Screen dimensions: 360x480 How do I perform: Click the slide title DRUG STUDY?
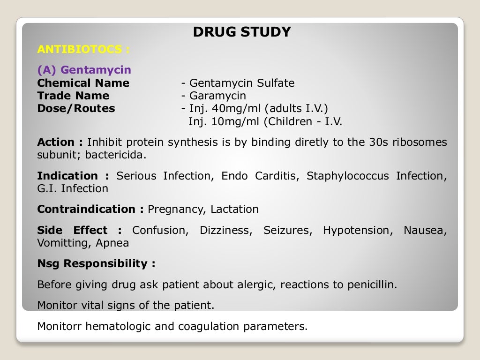(242, 32)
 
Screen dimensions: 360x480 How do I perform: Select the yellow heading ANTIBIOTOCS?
(83, 49)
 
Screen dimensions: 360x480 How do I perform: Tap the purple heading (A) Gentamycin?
(84, 70)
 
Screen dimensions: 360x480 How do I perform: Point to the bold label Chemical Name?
(83, 83)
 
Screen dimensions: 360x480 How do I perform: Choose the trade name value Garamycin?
(217, 96)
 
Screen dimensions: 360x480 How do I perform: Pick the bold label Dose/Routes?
(76, 109)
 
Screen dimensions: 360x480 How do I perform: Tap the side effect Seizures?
(287, 231)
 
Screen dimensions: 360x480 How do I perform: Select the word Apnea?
(112, 243)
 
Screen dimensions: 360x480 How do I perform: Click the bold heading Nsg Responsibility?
(96, 264)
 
